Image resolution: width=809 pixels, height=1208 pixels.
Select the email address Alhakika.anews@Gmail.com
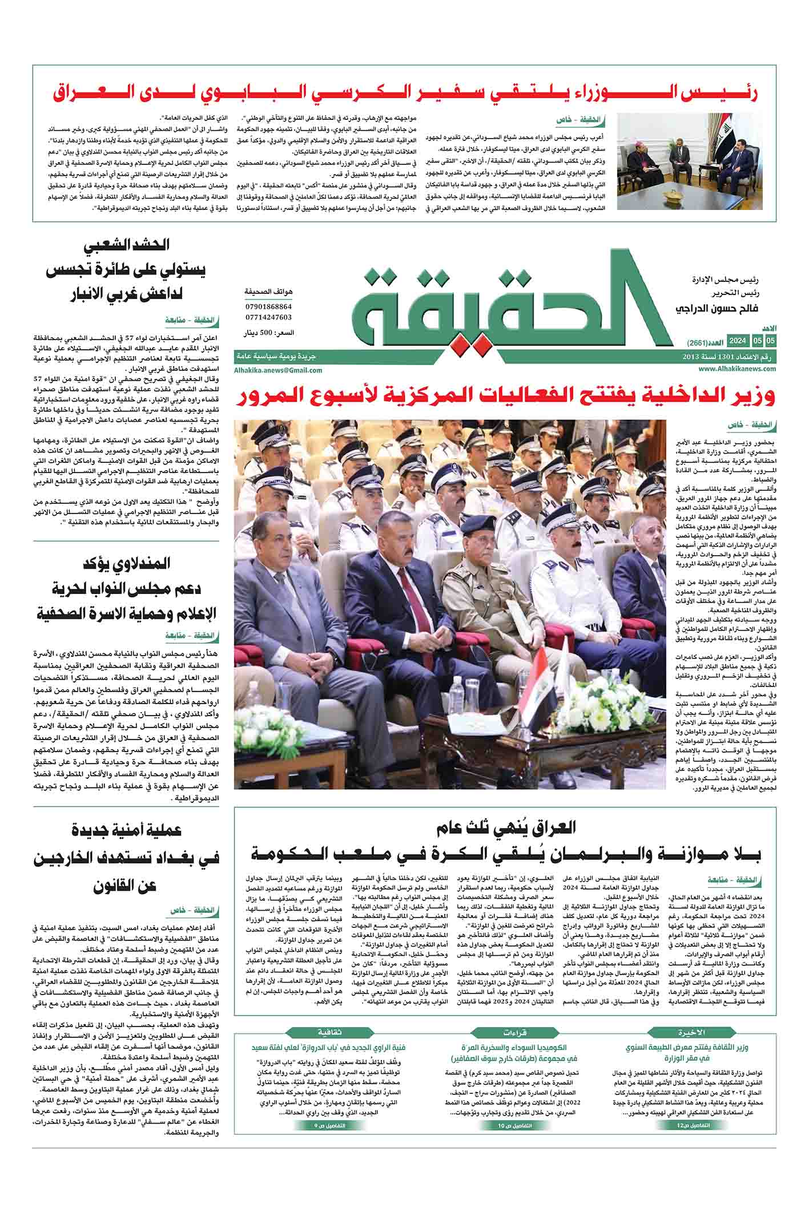(278, 370)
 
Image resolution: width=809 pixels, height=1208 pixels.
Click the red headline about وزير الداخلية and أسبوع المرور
(505, 398)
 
